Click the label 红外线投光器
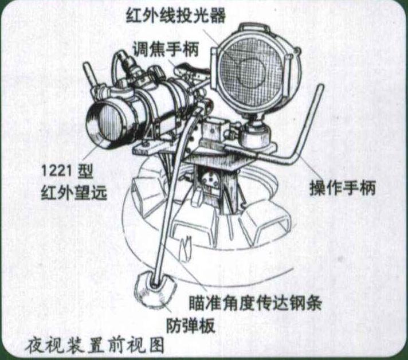point(176,15)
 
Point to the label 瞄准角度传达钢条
point(256,303)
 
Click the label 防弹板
point(191,325)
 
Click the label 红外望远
point(74,192)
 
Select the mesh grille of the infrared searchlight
point(252,71)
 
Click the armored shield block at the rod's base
point(155,289)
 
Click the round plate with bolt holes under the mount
point(210,179)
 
